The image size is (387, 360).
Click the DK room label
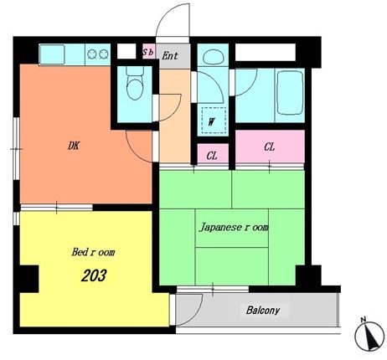click(74, 146)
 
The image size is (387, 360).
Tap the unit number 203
click(94, 275)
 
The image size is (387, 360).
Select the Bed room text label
click(93, 252)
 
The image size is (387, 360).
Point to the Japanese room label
click(234, 227)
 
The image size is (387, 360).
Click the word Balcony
click(263, 310)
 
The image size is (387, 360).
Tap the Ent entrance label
click(170, 55)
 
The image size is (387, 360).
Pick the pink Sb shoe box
click(149, 51)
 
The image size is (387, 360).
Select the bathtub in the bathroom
click(290, 93)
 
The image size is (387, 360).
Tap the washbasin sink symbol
click(214, 57)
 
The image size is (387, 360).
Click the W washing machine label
click(212, 121)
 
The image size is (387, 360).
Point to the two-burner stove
click(97, 54)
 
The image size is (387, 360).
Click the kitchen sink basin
click(52, 54)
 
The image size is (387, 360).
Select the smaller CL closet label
click(212, 156)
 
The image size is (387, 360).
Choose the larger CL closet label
click(270, 147)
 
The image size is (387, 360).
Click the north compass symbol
click(369, 336)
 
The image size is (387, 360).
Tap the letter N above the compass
click(364, 320)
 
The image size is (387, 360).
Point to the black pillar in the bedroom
click(29, 279)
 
